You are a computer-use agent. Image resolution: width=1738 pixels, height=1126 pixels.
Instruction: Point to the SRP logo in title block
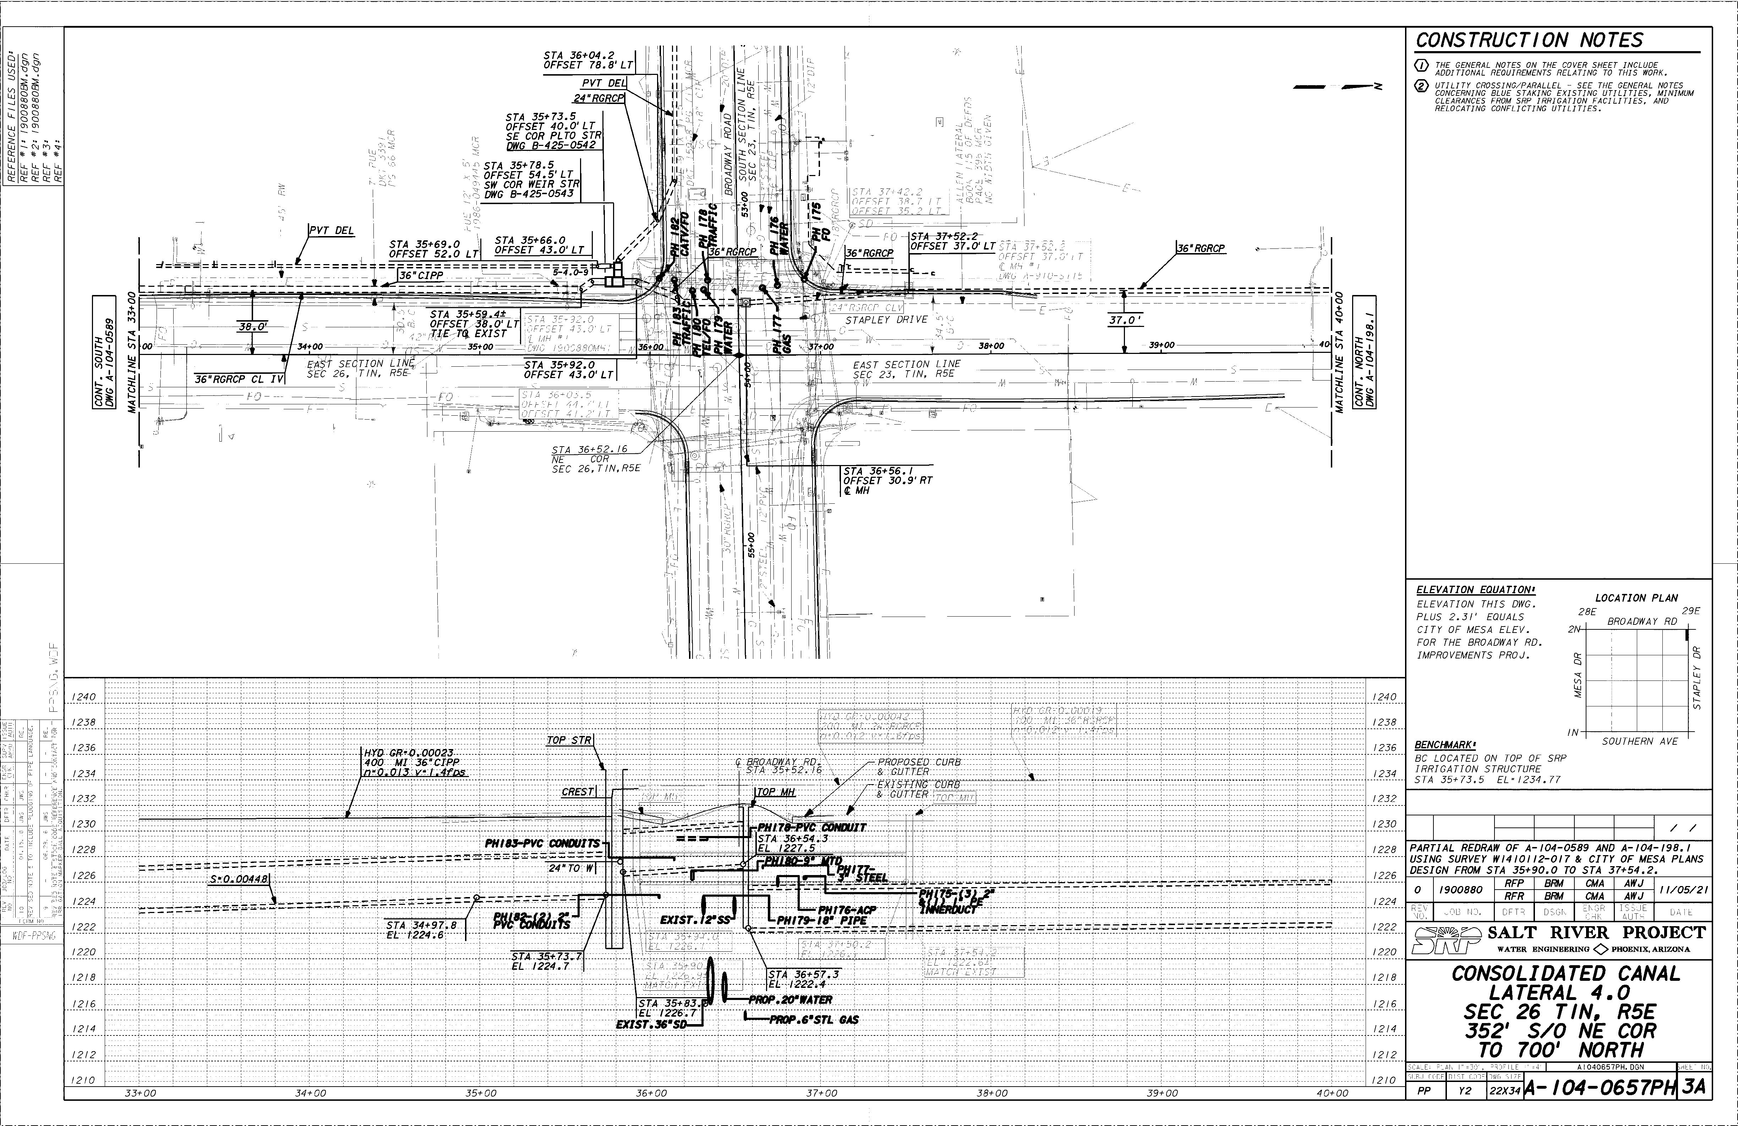point(1446,940)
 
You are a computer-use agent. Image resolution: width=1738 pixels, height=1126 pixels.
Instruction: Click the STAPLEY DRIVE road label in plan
point(886,320)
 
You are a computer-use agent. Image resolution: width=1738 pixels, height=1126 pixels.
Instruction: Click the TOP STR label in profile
point(570,740)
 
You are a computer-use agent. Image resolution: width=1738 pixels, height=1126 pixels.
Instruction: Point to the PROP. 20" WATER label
point(790,1000)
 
